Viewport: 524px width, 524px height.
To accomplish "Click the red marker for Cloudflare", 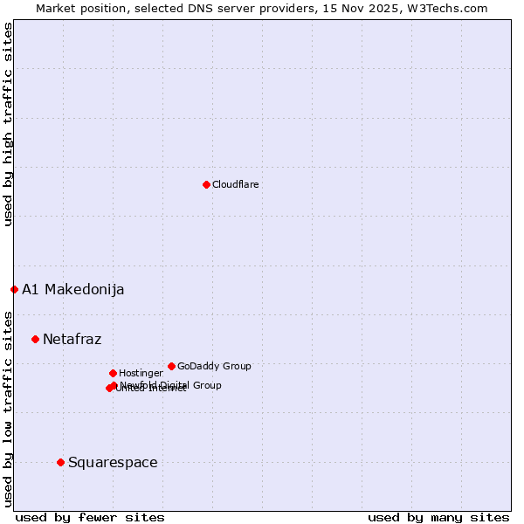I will pyautogui.click(x=206, y=184).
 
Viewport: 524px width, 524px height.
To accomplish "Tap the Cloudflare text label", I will pyautogui.click(x=236, y=185).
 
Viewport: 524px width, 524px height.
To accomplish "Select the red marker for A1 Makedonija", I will pyautogui.click(x=14, y=289).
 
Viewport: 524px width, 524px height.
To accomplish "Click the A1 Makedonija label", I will pyautogui.click(x=73, y=290).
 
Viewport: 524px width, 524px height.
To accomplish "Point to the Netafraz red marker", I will pyautogui.click(x=35, y=339).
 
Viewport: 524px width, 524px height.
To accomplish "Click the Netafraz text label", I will pyautogui.click(x=72, y=340).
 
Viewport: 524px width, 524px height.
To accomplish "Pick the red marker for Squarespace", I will pyautogui.click(x=60, y=462).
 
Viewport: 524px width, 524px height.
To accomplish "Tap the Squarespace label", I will pyautogui.click(x=113, y=463).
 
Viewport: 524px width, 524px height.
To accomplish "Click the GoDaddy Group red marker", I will pyautogui.click(x=171, y=366).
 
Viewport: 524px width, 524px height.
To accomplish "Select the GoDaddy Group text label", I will pyautogui.click(x=214, y=367).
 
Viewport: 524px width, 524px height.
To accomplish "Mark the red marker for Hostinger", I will pyautogui.click(x=113, y=373).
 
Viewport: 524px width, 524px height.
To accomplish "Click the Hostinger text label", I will pyautogui.click(x=141, y=374).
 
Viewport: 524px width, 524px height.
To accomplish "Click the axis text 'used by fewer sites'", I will pyautogui.click(x=90, y=517).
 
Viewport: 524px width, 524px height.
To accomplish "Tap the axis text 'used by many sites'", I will pyautogui.click(x=438, y=517).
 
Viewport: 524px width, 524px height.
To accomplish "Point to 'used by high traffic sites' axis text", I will pyautogui.click(x=8, y=124).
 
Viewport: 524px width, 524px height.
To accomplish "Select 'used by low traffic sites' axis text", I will pyautogui.click(x=8, y=408).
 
